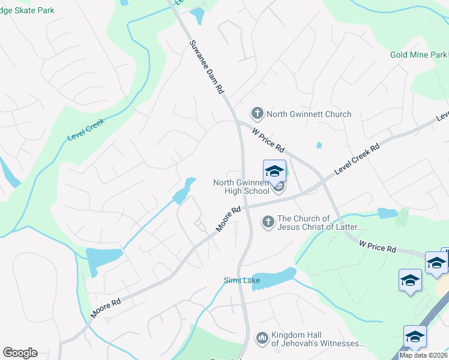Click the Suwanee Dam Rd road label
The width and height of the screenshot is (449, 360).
206,66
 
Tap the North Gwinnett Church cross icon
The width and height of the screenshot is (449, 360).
257,113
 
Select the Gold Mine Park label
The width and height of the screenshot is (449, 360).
418,55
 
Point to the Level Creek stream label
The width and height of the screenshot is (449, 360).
86,129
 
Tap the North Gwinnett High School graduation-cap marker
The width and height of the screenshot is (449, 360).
274,172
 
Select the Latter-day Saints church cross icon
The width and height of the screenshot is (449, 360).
268,222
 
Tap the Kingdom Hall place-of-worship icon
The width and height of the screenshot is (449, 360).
262,338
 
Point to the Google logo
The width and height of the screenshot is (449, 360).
20,353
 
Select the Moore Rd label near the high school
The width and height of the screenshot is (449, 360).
229,218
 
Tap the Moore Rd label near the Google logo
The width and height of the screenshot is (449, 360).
106,306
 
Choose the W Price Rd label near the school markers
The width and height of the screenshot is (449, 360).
378,245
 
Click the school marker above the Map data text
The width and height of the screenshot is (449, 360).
415,337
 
